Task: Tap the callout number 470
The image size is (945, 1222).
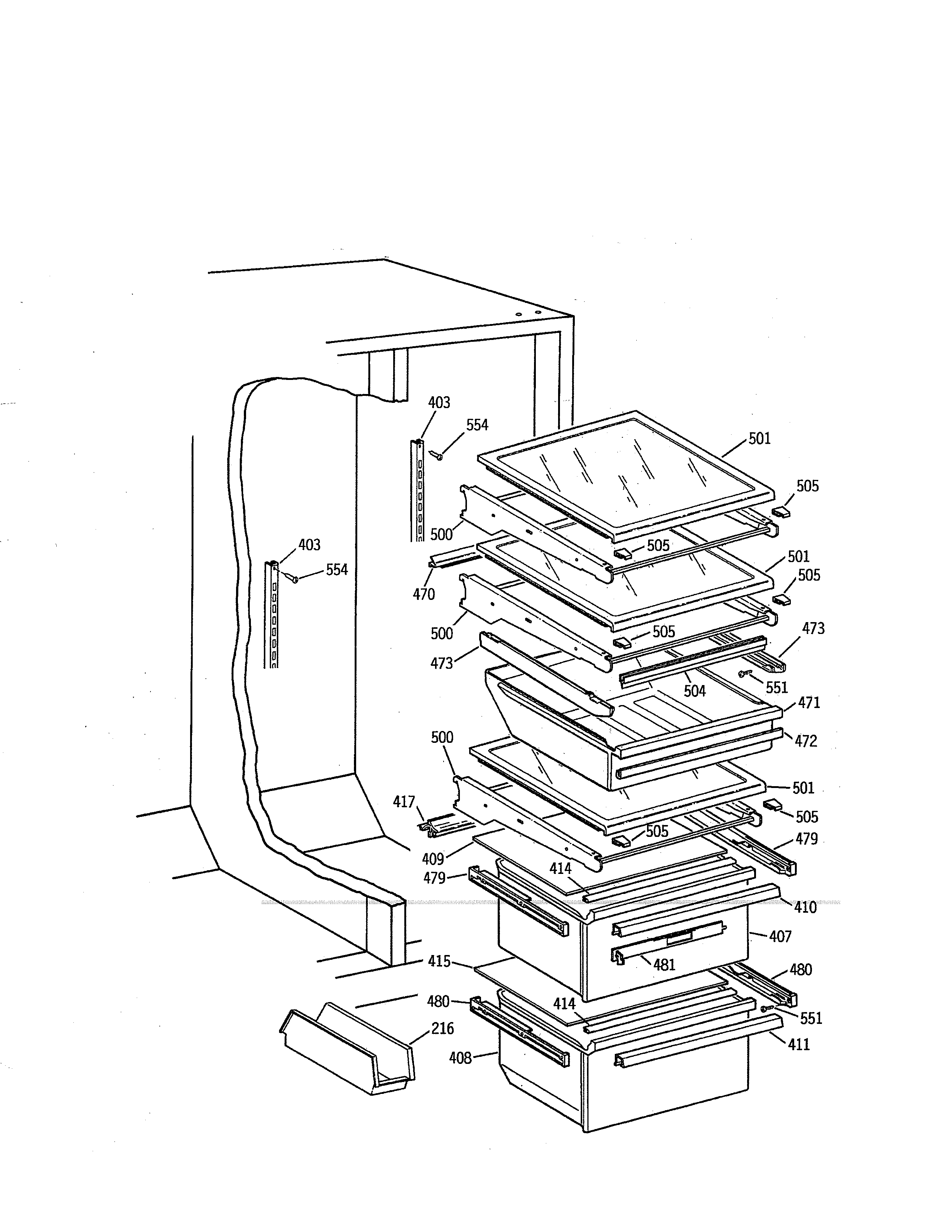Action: [424, 594]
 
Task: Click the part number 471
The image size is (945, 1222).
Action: [809, 703]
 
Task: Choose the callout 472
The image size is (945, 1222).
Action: [806, 741]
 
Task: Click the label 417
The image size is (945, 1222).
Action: [404, 802]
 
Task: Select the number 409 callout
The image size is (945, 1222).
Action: [433, 858]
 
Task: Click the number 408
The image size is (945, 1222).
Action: [460, 1058]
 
